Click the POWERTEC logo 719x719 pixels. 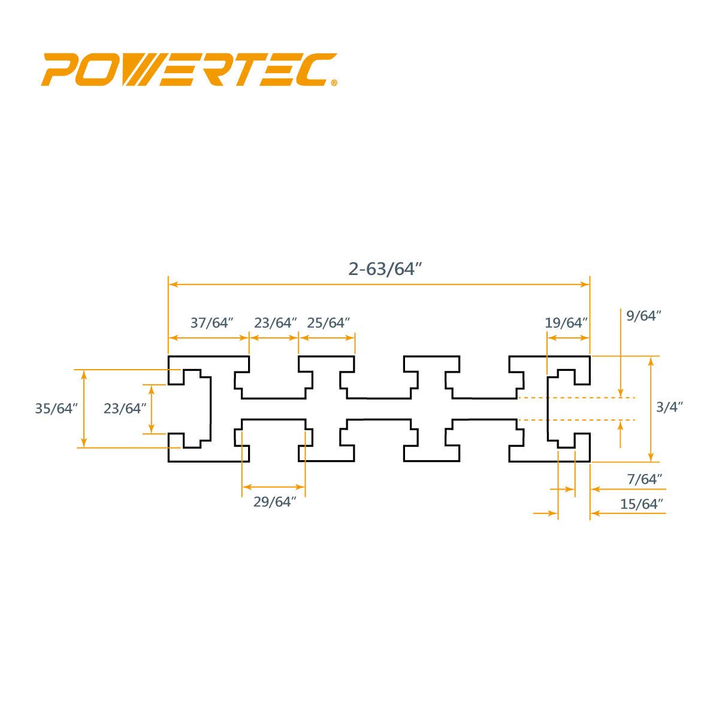pyautogui.click(x=189, y=70)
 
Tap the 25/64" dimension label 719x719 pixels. pyautogui.click(x=328, y=323)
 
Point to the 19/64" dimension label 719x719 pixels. pyautogui.click(x=567, y=323)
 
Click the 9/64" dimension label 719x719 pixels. pyautogui.click(x=643, y=316)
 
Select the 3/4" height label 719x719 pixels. pyautogui.click(x=669, y=407)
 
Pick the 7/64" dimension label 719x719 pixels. pyautogui.click(x=645, y=479)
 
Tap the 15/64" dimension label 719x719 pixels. pyautogui.click(x=642, y=504)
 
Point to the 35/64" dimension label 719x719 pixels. pyautogui.click(x=57, y=409)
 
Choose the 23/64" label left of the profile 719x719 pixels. pyautogui.click(x=125, y=409)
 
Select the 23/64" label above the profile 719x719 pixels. pyautogui.click(x=275, y=323)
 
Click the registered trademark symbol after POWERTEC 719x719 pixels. pyautogui.click(x=334, y=83)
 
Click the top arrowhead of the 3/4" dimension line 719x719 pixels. pyautogui.click(x=651, y=360)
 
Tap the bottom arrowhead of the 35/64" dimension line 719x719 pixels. pyautogui.click(x=84, y=443)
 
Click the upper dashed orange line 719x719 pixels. pyautogui.click(x=575, y=398)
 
